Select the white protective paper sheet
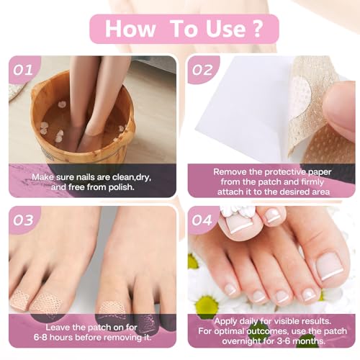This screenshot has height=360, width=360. [245, 115]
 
